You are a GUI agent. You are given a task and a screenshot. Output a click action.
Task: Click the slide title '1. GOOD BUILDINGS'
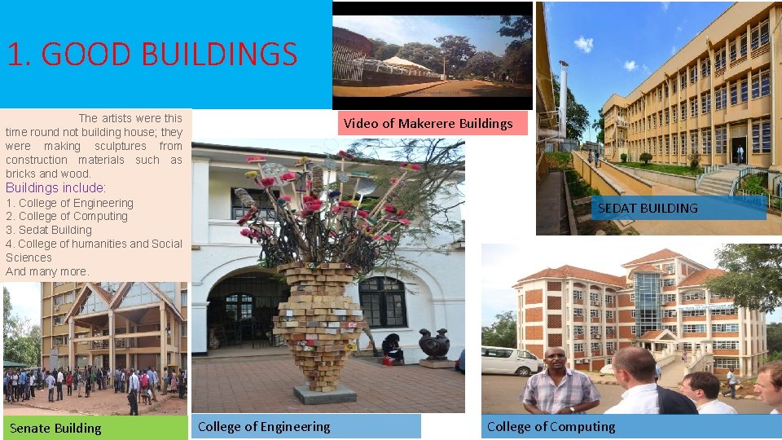click(152, 55)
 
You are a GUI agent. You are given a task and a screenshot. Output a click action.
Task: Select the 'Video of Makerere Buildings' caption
click(428, 123)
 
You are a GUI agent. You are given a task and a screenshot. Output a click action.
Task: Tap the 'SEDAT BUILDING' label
click(648, 208)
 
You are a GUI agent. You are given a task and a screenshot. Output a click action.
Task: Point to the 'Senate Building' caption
click(55, 428)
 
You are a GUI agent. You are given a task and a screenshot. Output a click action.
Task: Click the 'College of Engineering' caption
click(264, 426)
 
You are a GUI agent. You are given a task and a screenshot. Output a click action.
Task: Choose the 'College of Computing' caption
click(551, 426)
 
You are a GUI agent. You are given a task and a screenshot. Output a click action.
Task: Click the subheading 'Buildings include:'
click(56, 188)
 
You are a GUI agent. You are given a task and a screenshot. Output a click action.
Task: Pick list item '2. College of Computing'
click(67, 216)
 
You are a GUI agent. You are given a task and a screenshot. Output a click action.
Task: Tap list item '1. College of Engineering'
click(69, 203)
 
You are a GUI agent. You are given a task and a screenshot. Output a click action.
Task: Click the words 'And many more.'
click(47, 271)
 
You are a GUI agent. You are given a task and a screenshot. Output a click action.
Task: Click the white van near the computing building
click(509, 360)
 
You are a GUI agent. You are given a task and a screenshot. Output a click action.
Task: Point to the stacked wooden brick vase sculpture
click(323, 326)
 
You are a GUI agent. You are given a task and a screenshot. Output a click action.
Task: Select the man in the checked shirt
click(560, 385)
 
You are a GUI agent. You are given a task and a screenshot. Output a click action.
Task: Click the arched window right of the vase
click(382, 301)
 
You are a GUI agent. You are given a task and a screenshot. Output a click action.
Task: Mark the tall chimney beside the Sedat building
click(563, 98)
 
